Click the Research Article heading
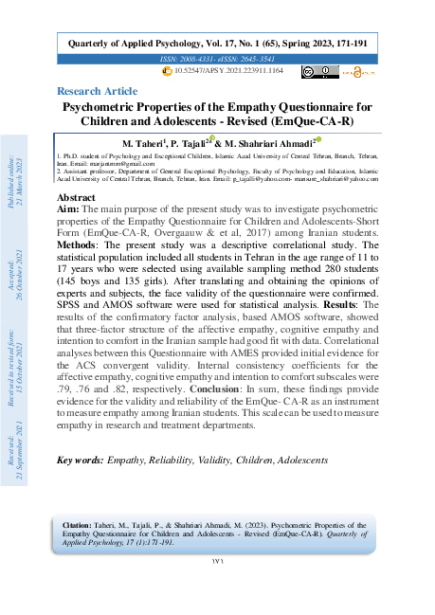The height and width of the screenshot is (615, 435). point(97,91)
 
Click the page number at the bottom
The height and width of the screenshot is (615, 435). point(217,588)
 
